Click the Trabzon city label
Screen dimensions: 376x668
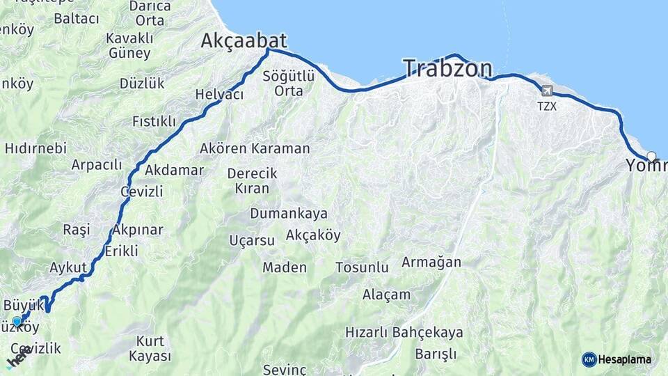447,68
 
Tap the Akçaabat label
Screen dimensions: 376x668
244,41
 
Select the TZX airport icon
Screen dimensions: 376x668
546,91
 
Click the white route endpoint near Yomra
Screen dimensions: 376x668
651,156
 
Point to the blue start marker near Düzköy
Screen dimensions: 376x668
17,321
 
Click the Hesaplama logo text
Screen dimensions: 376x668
625,359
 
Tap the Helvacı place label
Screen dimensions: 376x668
219,94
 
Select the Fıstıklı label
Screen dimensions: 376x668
154,121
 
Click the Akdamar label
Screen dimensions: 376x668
175,170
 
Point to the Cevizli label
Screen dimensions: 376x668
141,191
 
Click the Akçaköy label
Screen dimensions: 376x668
313,235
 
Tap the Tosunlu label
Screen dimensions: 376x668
362,267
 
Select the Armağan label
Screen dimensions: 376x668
431,262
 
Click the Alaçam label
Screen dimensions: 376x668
386,294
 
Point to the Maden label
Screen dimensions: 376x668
284,267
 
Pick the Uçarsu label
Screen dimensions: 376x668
252,241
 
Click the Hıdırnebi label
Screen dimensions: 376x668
35,148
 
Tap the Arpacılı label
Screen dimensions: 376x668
96,165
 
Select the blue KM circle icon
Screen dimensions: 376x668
589,359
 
